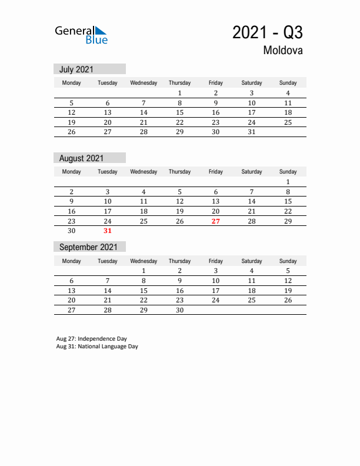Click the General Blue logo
tap(81, 35)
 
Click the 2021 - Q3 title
tap(268, 33)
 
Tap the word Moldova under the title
tap(283, 51)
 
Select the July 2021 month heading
tap(76, 69)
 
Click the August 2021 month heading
tap(81, 158)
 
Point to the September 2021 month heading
tap(88, 247)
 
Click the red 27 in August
tap(216, 221)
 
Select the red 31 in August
tap(108, 231)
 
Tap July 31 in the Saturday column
tap(252, 132)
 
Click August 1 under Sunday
tap(288, 182)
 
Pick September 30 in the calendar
tap(179, 310)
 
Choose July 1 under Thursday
tap(179, 93)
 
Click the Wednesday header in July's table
tap(144, 83)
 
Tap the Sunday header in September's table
tap(288, 261)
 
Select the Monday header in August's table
tap(72, 172)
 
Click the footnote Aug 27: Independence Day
tap(92, 338)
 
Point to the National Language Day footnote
tap(97, 347)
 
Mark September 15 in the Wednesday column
tap(144, 291)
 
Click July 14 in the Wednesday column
tap(144, 112)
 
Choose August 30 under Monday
tap(72, 231)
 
